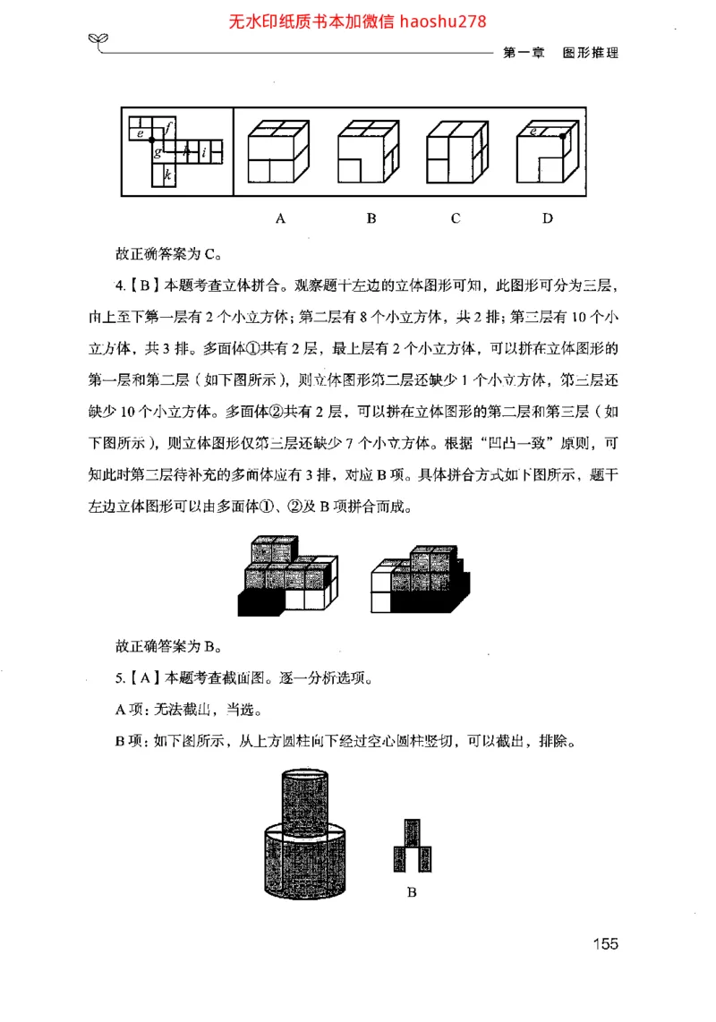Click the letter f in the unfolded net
pyautogui.click(x=170, y=127)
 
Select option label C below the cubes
pyautogui.click(x=456, y=218)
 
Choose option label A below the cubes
pyautogui.click(x=280, y=218)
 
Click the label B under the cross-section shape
pyautogui.click(x=412, y=892)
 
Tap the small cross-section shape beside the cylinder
pyautogui.click(x=413, y=846)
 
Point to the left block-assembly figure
pyautogui.click(x=287, y=575)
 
